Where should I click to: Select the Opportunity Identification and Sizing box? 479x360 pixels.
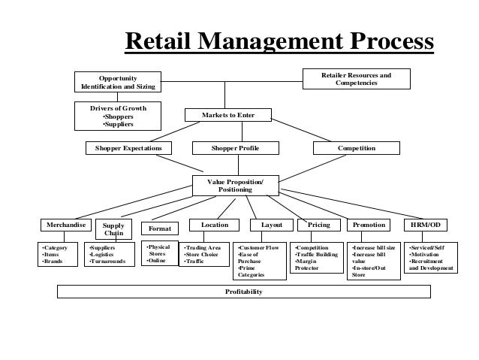[x=119, y=82]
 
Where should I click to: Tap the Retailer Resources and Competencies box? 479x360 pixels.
[x=356, y=79]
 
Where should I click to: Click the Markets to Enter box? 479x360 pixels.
[x=227, y=116]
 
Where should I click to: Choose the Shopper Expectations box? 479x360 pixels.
[x=128, y=149]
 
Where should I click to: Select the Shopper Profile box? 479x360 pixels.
[x=235, y=149]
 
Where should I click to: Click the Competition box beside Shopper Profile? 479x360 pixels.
[x=356, y=149]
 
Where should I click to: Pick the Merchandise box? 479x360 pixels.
[x=65, y=225]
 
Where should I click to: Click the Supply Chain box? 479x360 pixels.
[x=113, y=229]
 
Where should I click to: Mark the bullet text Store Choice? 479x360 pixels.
[x=201, y=255]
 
